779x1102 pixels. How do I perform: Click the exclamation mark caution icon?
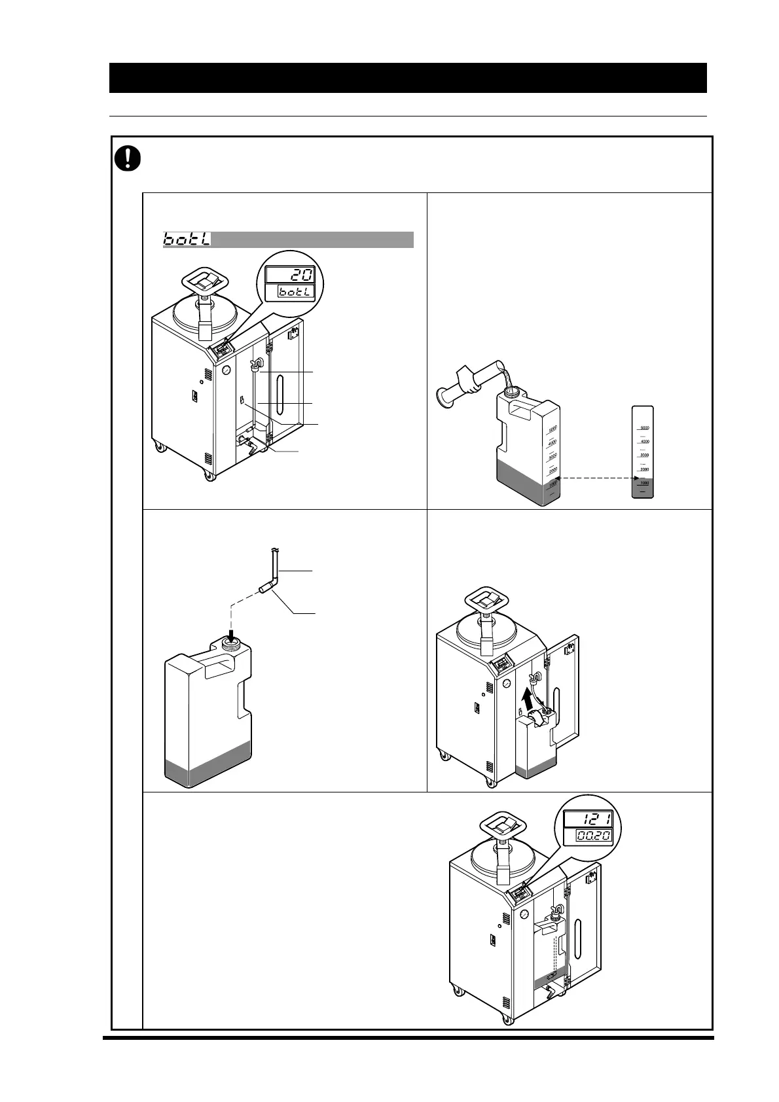pos(128,158)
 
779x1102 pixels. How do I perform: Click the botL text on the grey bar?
pos(187,240)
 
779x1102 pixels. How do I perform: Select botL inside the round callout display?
pos(294,293)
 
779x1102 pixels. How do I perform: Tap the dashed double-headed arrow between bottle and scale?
pos(593,478)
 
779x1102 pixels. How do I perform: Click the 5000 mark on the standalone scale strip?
pos(643,428)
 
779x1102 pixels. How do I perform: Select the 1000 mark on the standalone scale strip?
pos(643,483)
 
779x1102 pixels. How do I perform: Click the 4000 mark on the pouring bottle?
pos(551,442)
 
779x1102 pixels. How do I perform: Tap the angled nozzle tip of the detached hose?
pos(264,590)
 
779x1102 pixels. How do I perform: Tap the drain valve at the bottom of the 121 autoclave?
pos(549,995)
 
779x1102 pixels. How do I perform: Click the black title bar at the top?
pos(407,78)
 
